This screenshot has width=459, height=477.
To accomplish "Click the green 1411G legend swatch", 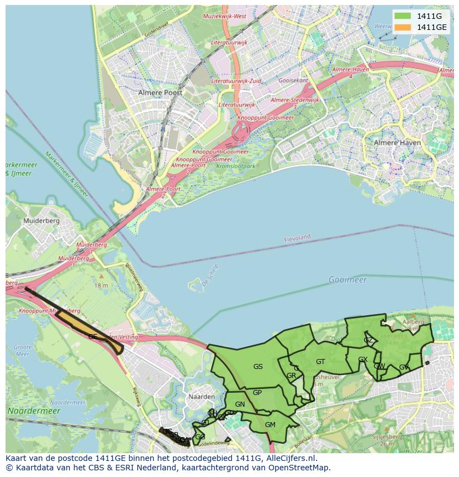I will pos(403,16).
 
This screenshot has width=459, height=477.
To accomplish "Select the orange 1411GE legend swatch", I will pos(403,27).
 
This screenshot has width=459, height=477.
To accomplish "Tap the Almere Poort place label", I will pos(160,93).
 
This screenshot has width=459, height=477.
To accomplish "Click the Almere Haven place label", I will pos(397,142).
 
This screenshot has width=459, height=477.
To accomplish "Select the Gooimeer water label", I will pos(348,280).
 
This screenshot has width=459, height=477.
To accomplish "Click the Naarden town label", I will pos(202,397).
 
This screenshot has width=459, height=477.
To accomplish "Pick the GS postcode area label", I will pos(258,366).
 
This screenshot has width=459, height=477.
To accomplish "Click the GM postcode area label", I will pos(270,425).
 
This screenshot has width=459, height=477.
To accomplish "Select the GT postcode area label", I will pos(320,362).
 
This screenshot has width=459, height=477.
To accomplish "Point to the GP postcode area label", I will pos(257,392).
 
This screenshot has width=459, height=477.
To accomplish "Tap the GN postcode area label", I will pos(239,404).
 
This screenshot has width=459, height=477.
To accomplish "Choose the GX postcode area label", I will pos(363,360).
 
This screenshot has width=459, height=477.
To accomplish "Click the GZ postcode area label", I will pos(368,340).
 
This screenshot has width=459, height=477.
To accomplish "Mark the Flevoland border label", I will pos(297,238).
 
